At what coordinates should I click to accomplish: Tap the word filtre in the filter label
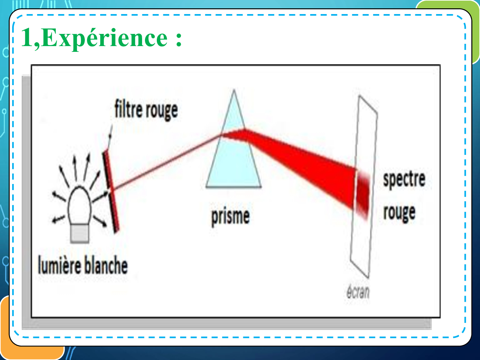pos(128,108)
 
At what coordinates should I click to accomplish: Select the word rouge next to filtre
pos(162,111)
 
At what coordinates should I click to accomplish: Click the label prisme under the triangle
pos(230,217)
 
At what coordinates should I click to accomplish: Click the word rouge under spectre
pos(399,213)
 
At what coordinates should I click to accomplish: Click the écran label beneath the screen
pos(358,292)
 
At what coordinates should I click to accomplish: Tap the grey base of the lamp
pos(80,233)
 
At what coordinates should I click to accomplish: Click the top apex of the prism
pos(234,89)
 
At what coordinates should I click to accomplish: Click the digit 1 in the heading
pos(28,37)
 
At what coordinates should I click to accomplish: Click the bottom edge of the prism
pos(234,187)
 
